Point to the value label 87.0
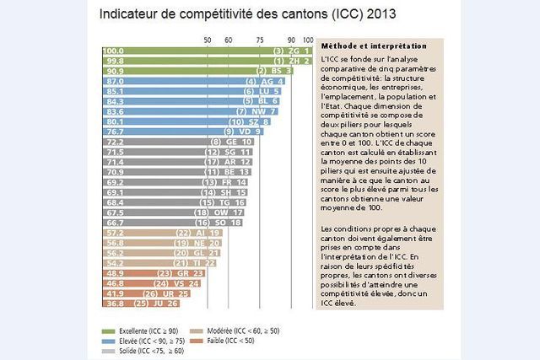pos(112,82)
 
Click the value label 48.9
pos(112,273)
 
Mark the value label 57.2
pos(112,233)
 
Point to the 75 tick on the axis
pos(260,40)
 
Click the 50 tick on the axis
pos(208,40)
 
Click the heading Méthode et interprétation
pos(368,46)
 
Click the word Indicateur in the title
pos(132,15)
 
